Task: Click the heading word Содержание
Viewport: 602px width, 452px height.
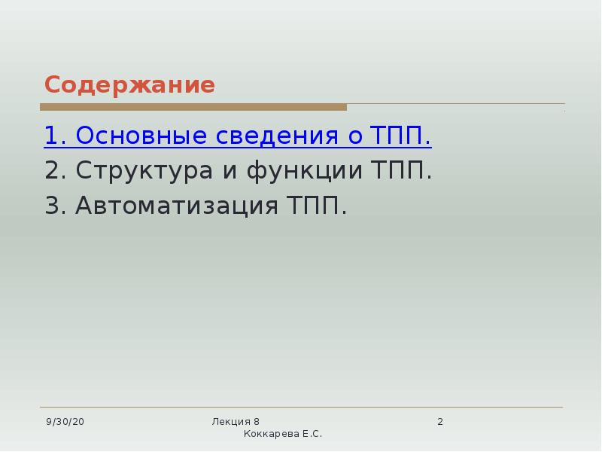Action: click(129, 85)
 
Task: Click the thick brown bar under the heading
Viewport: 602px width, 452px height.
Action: click(193, 108)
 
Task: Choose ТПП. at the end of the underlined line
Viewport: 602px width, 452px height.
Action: click(401, 136)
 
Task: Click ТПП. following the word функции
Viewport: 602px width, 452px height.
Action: click(403, 171)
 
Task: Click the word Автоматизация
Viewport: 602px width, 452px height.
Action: click(177, 206)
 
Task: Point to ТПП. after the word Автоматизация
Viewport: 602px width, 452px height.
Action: click(317, 206)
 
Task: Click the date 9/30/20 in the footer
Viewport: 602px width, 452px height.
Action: click(65, 422)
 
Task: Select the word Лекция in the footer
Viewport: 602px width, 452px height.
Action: click(231, 422)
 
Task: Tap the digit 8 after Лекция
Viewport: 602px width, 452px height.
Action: click(257, 422)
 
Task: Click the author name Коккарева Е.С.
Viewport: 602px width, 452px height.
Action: click(282, 435)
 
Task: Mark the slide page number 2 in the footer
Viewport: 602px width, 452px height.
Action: click(440, 422)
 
